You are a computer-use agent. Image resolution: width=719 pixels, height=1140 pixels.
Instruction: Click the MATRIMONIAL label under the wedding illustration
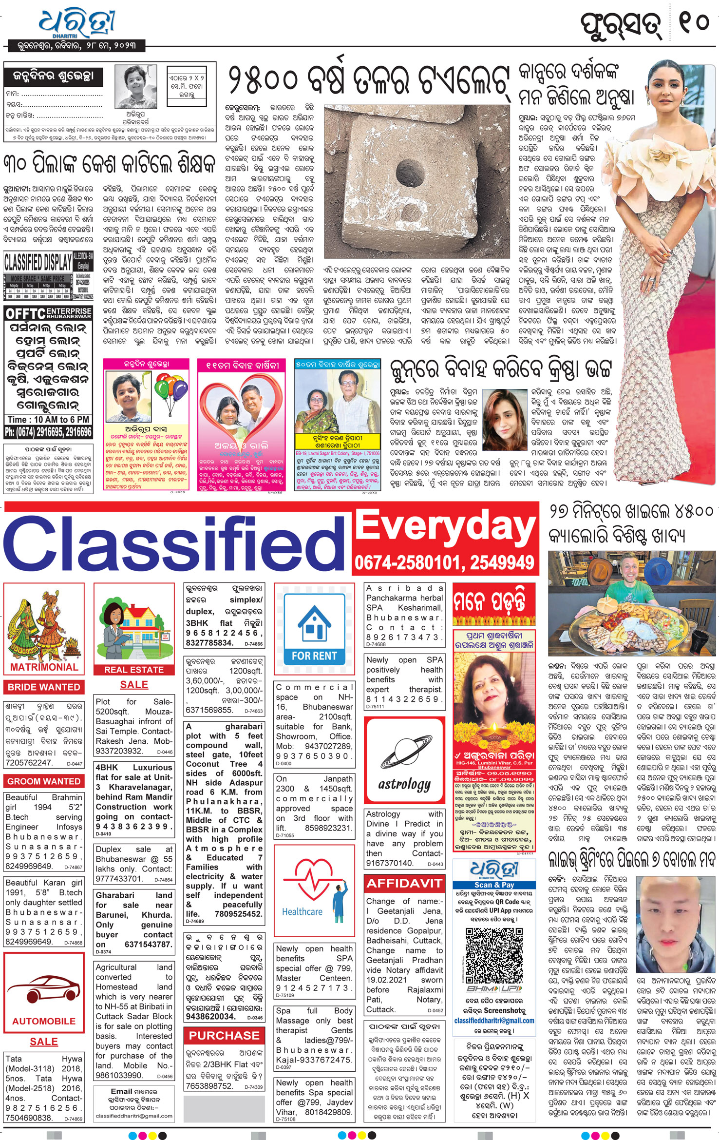44,667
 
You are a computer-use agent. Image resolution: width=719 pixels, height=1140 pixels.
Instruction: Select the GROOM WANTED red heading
44,781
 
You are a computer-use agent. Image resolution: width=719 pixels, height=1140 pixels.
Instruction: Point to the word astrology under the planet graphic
404,784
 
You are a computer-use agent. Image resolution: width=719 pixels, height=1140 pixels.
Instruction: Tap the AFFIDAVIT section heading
404,883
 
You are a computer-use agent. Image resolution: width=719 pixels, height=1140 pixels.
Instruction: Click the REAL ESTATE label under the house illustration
134,670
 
